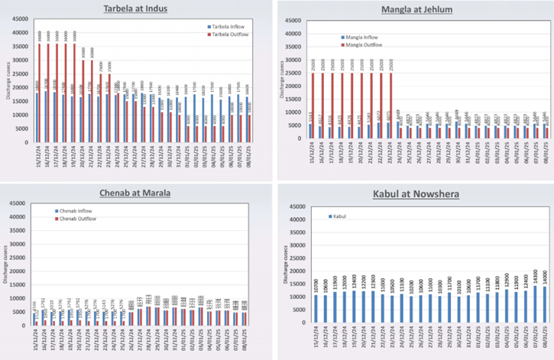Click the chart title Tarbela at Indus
pyautogui.click(x=137, y=9)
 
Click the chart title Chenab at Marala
pyautogui.click(x=136, y=190)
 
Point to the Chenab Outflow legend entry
pyautogui.click(x=80, y=218)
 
